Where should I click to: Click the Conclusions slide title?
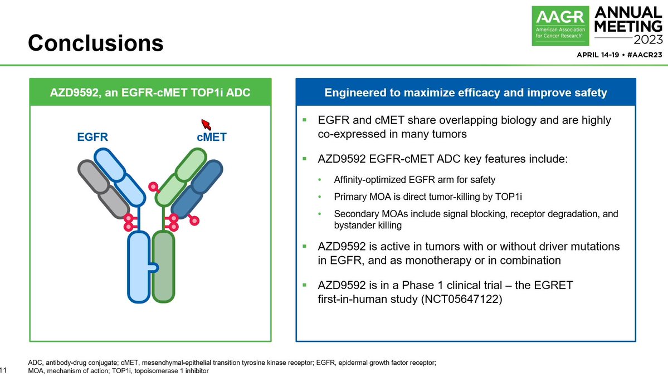click(96, 43)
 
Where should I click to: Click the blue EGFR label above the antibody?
click(92, 137)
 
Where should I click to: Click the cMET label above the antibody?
click(211, 137)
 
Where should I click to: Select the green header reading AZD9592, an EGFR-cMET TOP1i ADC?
click(150, 92)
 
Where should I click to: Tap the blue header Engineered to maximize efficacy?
click(465, 92)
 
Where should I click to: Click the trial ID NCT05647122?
click(462, 300)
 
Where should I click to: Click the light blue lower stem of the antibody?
click(138, 267)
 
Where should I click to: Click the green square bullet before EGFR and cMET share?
click(305, 120)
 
